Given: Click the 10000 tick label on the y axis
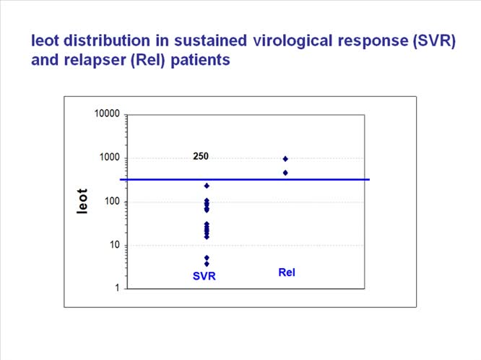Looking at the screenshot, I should pyautogui.click(x=106, y=115).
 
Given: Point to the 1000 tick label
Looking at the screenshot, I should pyautogui.click(x=109, y=158).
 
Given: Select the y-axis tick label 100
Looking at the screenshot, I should pyautogui.click(x=111, y=202).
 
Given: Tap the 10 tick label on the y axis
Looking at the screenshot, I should pyautogui.click(x=114, y=245).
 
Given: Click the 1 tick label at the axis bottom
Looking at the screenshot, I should pyautogui.click(x=117, y=288).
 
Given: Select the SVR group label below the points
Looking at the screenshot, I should pyautogui.click(x=204, y=276).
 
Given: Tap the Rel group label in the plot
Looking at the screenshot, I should pyautogui.click(x=287, y=273).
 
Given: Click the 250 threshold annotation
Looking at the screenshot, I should pyautogui.click(x=201, y=156).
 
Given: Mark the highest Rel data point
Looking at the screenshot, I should pyautogui.click(x=285, y=159).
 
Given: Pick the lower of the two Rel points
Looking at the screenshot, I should pyautogui.click(x=285, y=173).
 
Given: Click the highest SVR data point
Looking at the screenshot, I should pyautogui.click(x=207, y=186).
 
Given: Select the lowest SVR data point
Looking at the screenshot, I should pyautogui.click(x=207, y=264).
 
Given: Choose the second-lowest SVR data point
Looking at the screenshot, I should pyautogui.click(x=207, y=257).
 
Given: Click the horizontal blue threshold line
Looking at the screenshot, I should pyautogui.click(x=325, y=179).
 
